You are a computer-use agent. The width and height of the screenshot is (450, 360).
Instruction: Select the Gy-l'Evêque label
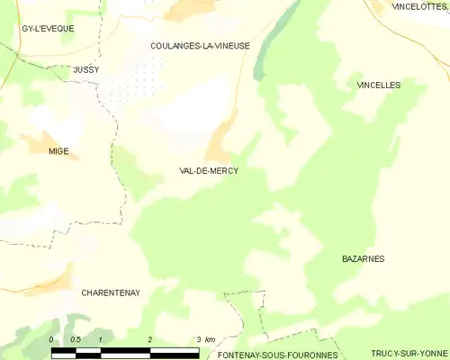coord(48,29)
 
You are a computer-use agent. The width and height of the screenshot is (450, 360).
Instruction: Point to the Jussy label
coord(86,69)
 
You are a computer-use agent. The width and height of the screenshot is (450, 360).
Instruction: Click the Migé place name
coord(58,151)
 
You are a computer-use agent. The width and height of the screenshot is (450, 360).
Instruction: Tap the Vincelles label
coord(378,85)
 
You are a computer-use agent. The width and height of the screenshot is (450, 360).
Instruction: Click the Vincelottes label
coord(419,6)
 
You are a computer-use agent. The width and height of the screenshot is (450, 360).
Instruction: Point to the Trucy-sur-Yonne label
coord(409,355)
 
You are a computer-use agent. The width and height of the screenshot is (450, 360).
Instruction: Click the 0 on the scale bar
coord(51,339)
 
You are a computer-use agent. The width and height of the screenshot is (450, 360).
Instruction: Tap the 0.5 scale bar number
coord(76,339)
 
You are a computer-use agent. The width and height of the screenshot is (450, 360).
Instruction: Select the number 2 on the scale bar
coord(149,339)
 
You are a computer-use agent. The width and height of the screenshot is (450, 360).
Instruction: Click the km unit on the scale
coord(210,339)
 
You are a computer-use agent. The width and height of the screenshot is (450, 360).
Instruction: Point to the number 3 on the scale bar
coord(198,339)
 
